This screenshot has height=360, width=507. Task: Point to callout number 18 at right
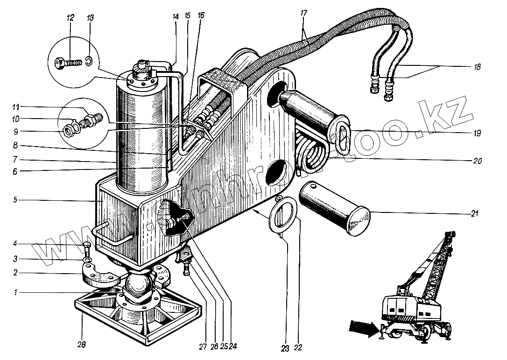tap(476, 67)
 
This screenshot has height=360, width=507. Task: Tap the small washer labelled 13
tap(89, 61)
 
